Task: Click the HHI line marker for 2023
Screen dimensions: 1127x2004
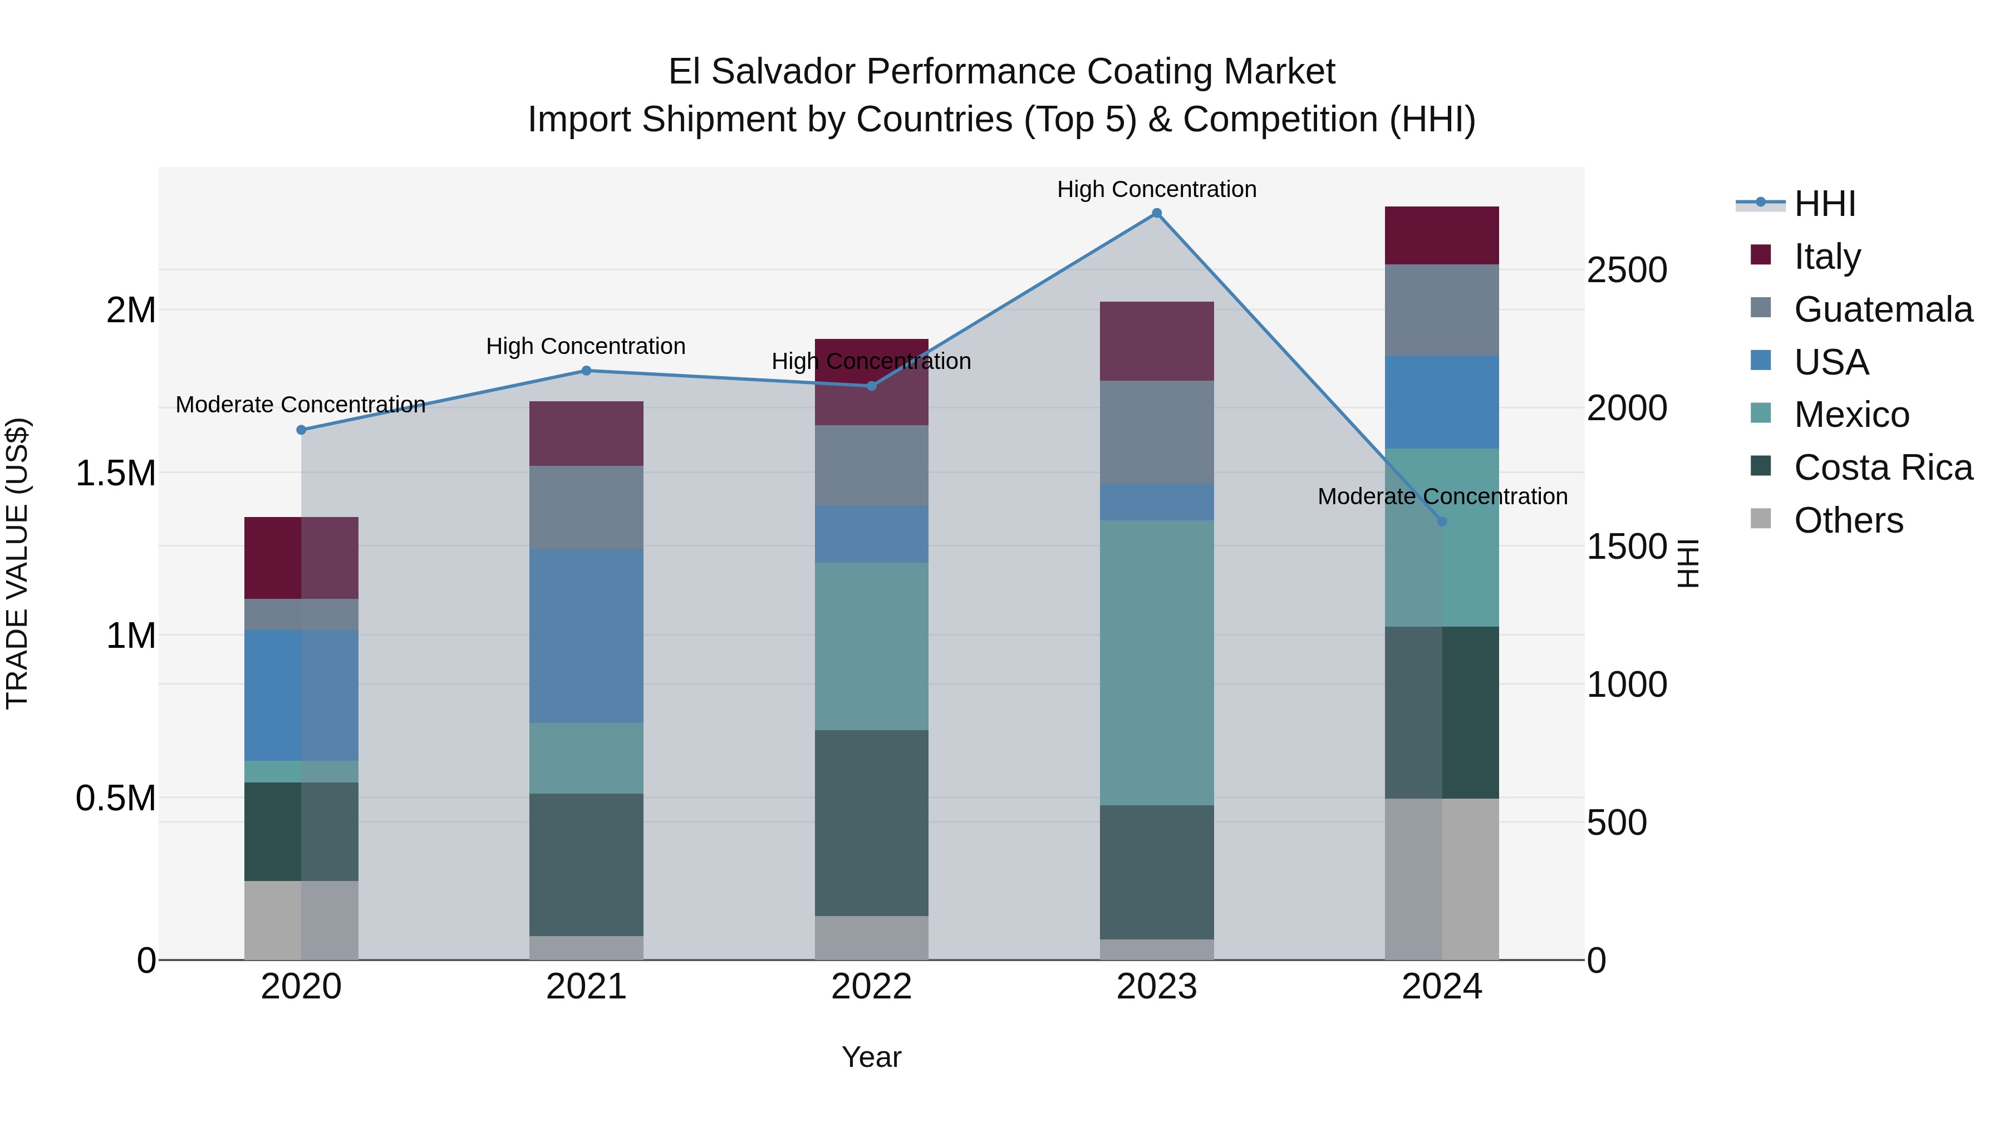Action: pos(1156,213)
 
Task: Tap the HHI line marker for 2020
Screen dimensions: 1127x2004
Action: pos(301,430)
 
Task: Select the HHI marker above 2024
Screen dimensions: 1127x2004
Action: pos(1442,522)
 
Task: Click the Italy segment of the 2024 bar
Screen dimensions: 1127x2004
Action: pos(1442,235)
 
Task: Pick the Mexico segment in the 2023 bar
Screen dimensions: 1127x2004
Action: pos(1156,663)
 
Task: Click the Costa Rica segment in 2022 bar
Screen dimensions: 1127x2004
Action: pos(871,823)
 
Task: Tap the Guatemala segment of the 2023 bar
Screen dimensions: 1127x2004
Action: pos(1156,432)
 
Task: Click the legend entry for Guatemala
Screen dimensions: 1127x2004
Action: pos(1883,309)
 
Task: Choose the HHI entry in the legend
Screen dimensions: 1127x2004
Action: pos(1824,204)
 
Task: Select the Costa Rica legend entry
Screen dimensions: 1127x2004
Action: pos(1883,467)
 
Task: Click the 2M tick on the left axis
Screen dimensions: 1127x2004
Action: pos(131,311)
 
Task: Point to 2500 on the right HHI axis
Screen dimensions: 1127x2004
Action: pos(1627,270)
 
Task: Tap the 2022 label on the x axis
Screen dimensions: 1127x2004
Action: pos(871,987)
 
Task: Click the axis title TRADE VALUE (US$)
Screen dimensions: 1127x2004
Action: pos(17,563)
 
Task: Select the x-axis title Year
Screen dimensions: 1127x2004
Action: pos(871,1057)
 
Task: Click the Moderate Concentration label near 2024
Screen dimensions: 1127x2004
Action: pos(1442,496)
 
